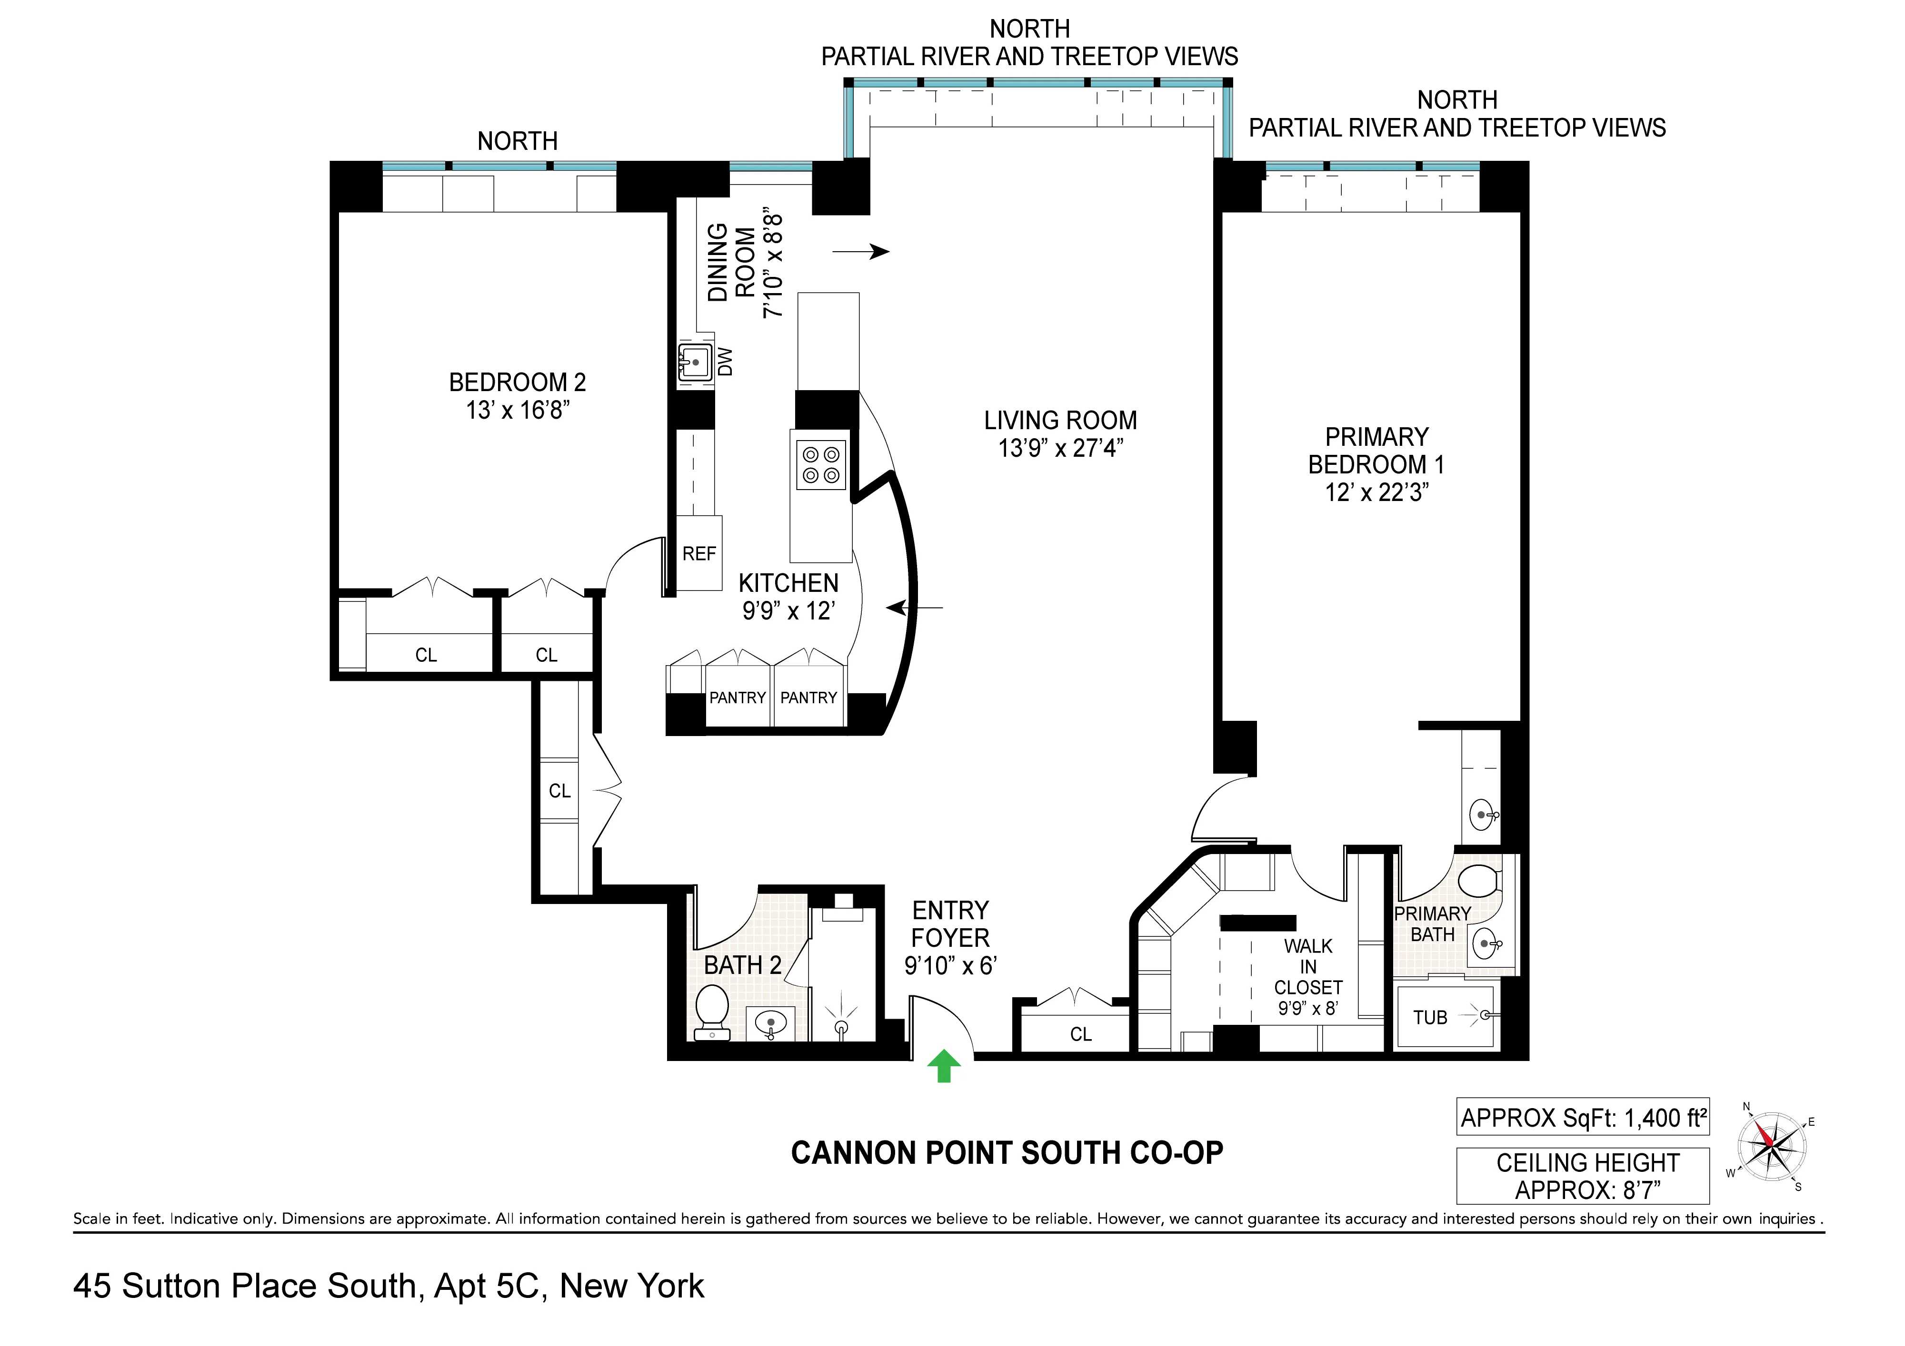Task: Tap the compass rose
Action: point(1771,1146)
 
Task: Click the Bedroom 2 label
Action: point(517,383)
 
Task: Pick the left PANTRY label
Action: point(737,698)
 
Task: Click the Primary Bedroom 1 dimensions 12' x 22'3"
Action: point(1376,492)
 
